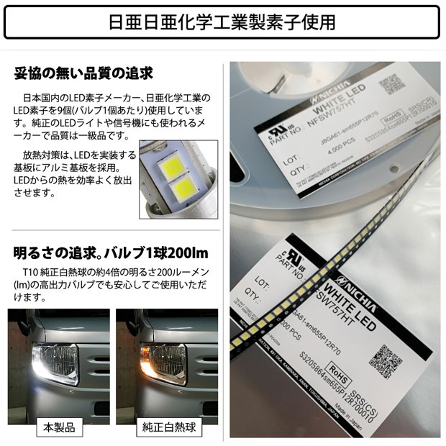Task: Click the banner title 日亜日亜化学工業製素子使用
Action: (x=222, y=22)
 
